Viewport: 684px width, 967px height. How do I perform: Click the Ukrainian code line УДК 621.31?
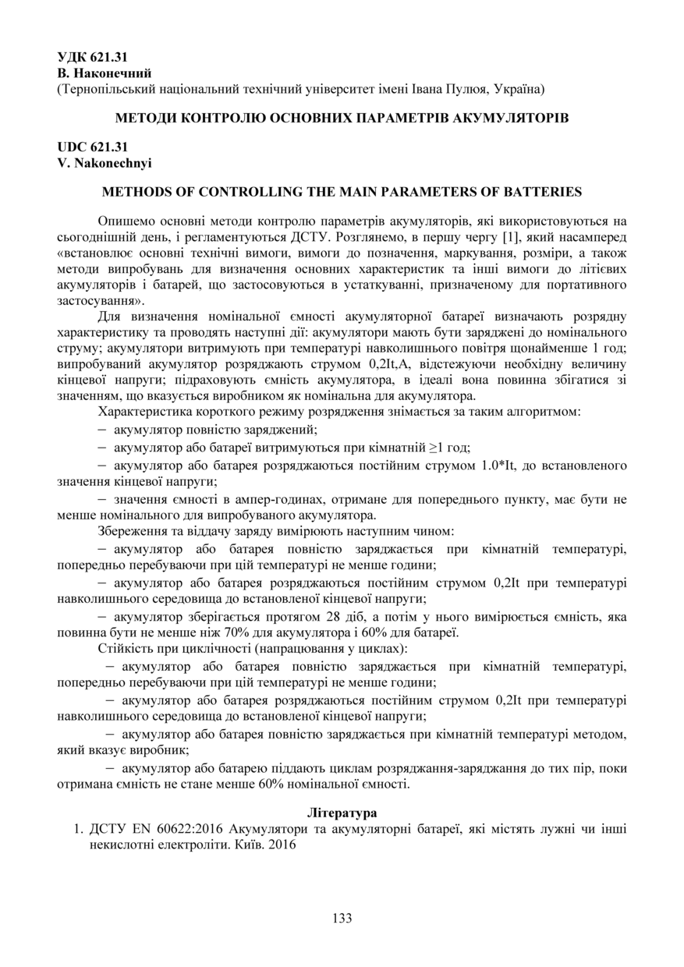[x=93, y=58]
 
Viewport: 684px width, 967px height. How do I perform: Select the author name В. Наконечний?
[x=105, y=73]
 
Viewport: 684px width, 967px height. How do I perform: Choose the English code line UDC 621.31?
[x=93, y=147]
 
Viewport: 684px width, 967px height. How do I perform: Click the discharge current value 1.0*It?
[x=490, y=466]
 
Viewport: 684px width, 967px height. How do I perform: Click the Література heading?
[x=342, y=813]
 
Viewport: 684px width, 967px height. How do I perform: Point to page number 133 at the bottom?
[x=342, y=919]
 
